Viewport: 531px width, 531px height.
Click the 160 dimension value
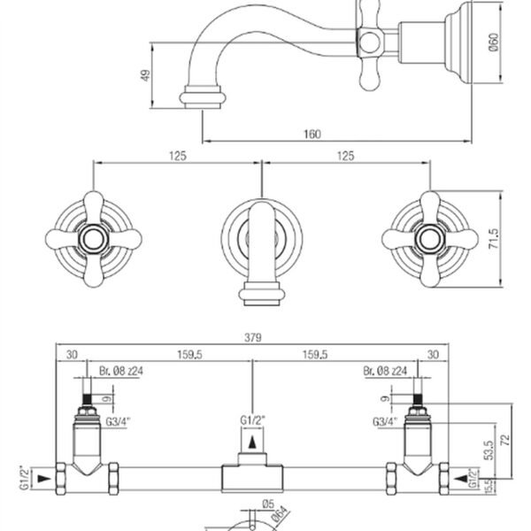point(312,135)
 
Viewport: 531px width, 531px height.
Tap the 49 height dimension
point(145,75)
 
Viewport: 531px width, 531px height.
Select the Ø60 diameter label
point(494,42)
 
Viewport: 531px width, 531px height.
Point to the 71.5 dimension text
point(494,239)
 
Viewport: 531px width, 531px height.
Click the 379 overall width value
point(253,338)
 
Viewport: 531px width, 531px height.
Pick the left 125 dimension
point(178,156)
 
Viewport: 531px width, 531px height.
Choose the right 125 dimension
point(345,156)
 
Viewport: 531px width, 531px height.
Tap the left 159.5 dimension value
point(189,355)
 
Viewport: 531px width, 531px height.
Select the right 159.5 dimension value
point(315,355)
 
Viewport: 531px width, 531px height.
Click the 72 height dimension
point(505,440)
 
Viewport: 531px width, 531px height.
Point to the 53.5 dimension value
point(489,450)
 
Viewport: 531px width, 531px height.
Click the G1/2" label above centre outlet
point(252,420)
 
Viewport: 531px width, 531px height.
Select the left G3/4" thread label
point(118,421)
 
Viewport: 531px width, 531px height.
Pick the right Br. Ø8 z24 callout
point(385,371)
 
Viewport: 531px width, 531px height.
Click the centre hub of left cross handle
point(93,240)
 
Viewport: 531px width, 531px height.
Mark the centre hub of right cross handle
point(430,240)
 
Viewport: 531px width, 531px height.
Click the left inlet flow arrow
point(43,479)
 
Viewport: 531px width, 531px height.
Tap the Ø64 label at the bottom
point(280,515)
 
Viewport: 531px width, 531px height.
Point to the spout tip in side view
point(203,106)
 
